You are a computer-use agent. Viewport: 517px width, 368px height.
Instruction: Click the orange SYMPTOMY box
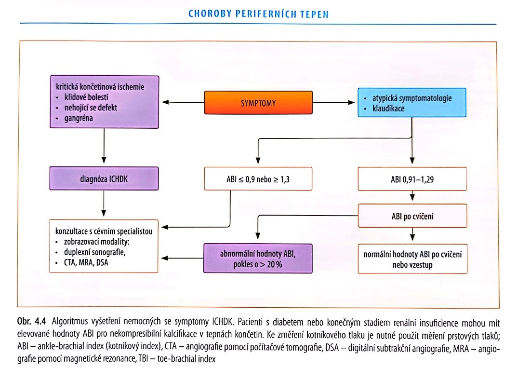(258, 103)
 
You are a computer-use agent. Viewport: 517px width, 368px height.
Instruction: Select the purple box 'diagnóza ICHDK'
(104, 178)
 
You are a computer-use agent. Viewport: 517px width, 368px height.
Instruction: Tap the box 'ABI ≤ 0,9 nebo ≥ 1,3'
(258, 179)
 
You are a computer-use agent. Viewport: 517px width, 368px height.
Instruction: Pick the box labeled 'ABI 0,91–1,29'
(412, 179)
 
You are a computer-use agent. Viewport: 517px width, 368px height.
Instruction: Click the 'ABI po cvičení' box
(412, 216)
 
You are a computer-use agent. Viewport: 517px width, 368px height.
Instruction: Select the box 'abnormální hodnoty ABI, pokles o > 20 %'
(258, 259)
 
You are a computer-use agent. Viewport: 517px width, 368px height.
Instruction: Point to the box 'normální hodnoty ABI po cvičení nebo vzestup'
(412, 259)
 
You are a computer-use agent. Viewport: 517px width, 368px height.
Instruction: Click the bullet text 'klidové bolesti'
(86, 97)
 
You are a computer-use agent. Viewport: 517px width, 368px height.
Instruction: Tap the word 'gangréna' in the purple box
(79, 118)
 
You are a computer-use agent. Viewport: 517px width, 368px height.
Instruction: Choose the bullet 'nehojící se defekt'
(91, 108)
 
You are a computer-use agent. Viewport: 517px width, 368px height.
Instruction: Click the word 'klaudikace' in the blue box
(388, 109)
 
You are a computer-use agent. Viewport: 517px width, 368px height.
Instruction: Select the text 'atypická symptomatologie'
(412, 98)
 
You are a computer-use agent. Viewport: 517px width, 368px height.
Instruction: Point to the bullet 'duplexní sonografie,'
(94, 252)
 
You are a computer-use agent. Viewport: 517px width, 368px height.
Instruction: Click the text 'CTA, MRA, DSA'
(86, 263)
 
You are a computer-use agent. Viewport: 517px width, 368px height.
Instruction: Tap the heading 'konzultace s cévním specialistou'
(104, 231)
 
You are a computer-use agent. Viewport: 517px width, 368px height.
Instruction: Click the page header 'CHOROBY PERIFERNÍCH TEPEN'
(258, 14)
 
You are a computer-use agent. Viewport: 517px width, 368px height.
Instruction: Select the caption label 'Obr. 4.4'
(32, 321)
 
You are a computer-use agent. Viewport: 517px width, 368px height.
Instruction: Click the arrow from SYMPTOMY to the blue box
(333, 102)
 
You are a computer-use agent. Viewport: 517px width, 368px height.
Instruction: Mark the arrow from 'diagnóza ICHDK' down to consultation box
(104, 204)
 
